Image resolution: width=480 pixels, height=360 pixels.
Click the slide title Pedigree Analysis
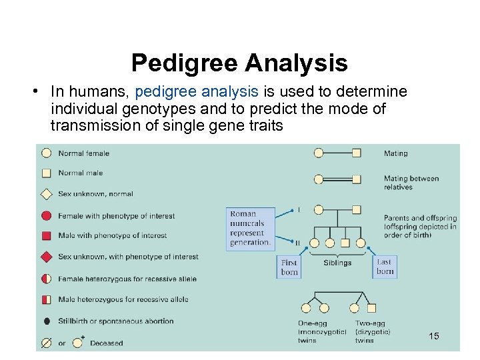pyautogui.click(x=239, y=63)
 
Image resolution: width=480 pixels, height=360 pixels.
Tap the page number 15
pyautogui.click(x=434, y=336)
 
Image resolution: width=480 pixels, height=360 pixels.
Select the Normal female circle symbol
pyautogui.click(x=47, y=153)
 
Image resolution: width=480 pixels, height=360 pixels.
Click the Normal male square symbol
pyautogui.click(x=47, y=173)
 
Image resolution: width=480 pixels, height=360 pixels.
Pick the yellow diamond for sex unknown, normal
pyautogui.click(x=47, y=194)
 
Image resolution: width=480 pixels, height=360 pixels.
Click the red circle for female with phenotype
pyautogui.click(x=47, y=216)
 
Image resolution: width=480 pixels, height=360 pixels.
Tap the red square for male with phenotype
pyautogui.click(x=47, y=235)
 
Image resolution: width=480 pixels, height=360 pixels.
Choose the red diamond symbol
pyautogui.click(x=47, y=257)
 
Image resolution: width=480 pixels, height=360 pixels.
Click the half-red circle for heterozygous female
pyautogui.click(x=47, y=278)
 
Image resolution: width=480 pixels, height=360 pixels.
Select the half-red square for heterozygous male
pyautogui.click(x=47, y=299)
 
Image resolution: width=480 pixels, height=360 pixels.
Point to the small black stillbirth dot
pyautogui.click(x=47, y=321)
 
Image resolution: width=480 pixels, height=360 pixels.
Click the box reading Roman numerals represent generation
pyautogui.click(x=251, y=229)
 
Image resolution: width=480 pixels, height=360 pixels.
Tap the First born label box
pyautogui.click(x=289, y=267)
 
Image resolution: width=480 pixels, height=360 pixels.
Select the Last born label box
pyautogui.click(x=385, y=267)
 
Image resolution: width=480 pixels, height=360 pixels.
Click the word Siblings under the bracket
pyautogui.click(x=337, y=263)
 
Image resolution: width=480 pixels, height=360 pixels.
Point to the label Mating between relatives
pyautogui.click(x=411, y=183)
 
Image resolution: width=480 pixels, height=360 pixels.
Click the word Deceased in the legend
pyautogui.click(x=107, y=343)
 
